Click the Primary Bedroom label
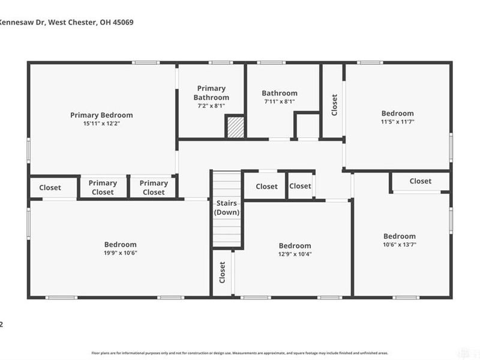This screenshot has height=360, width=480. [101, 115]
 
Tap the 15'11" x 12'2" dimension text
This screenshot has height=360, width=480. [101, 124]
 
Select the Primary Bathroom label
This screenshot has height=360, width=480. [211, 93]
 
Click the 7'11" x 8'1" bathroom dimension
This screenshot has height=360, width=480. [280, 102]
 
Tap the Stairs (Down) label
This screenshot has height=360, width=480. [227, 208]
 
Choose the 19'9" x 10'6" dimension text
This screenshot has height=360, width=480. [120, 253]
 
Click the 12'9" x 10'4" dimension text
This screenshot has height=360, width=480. [295, 254]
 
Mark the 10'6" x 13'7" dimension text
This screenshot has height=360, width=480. [400, 245]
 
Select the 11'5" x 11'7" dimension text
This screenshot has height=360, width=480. [398, 122]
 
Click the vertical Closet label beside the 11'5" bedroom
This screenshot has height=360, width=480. [334, 104]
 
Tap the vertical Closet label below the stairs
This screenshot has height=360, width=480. [222, 272]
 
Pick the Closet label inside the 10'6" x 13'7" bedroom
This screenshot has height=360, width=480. [420, 181]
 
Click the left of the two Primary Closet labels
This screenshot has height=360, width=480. [103, 187]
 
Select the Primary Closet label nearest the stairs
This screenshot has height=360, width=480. [154, 187]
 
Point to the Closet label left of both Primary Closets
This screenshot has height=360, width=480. [50, 187]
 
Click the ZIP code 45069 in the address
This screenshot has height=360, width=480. [122, 22]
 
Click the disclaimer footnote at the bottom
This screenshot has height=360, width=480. [239, 353]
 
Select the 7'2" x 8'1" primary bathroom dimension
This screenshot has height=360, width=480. [211, 106]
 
